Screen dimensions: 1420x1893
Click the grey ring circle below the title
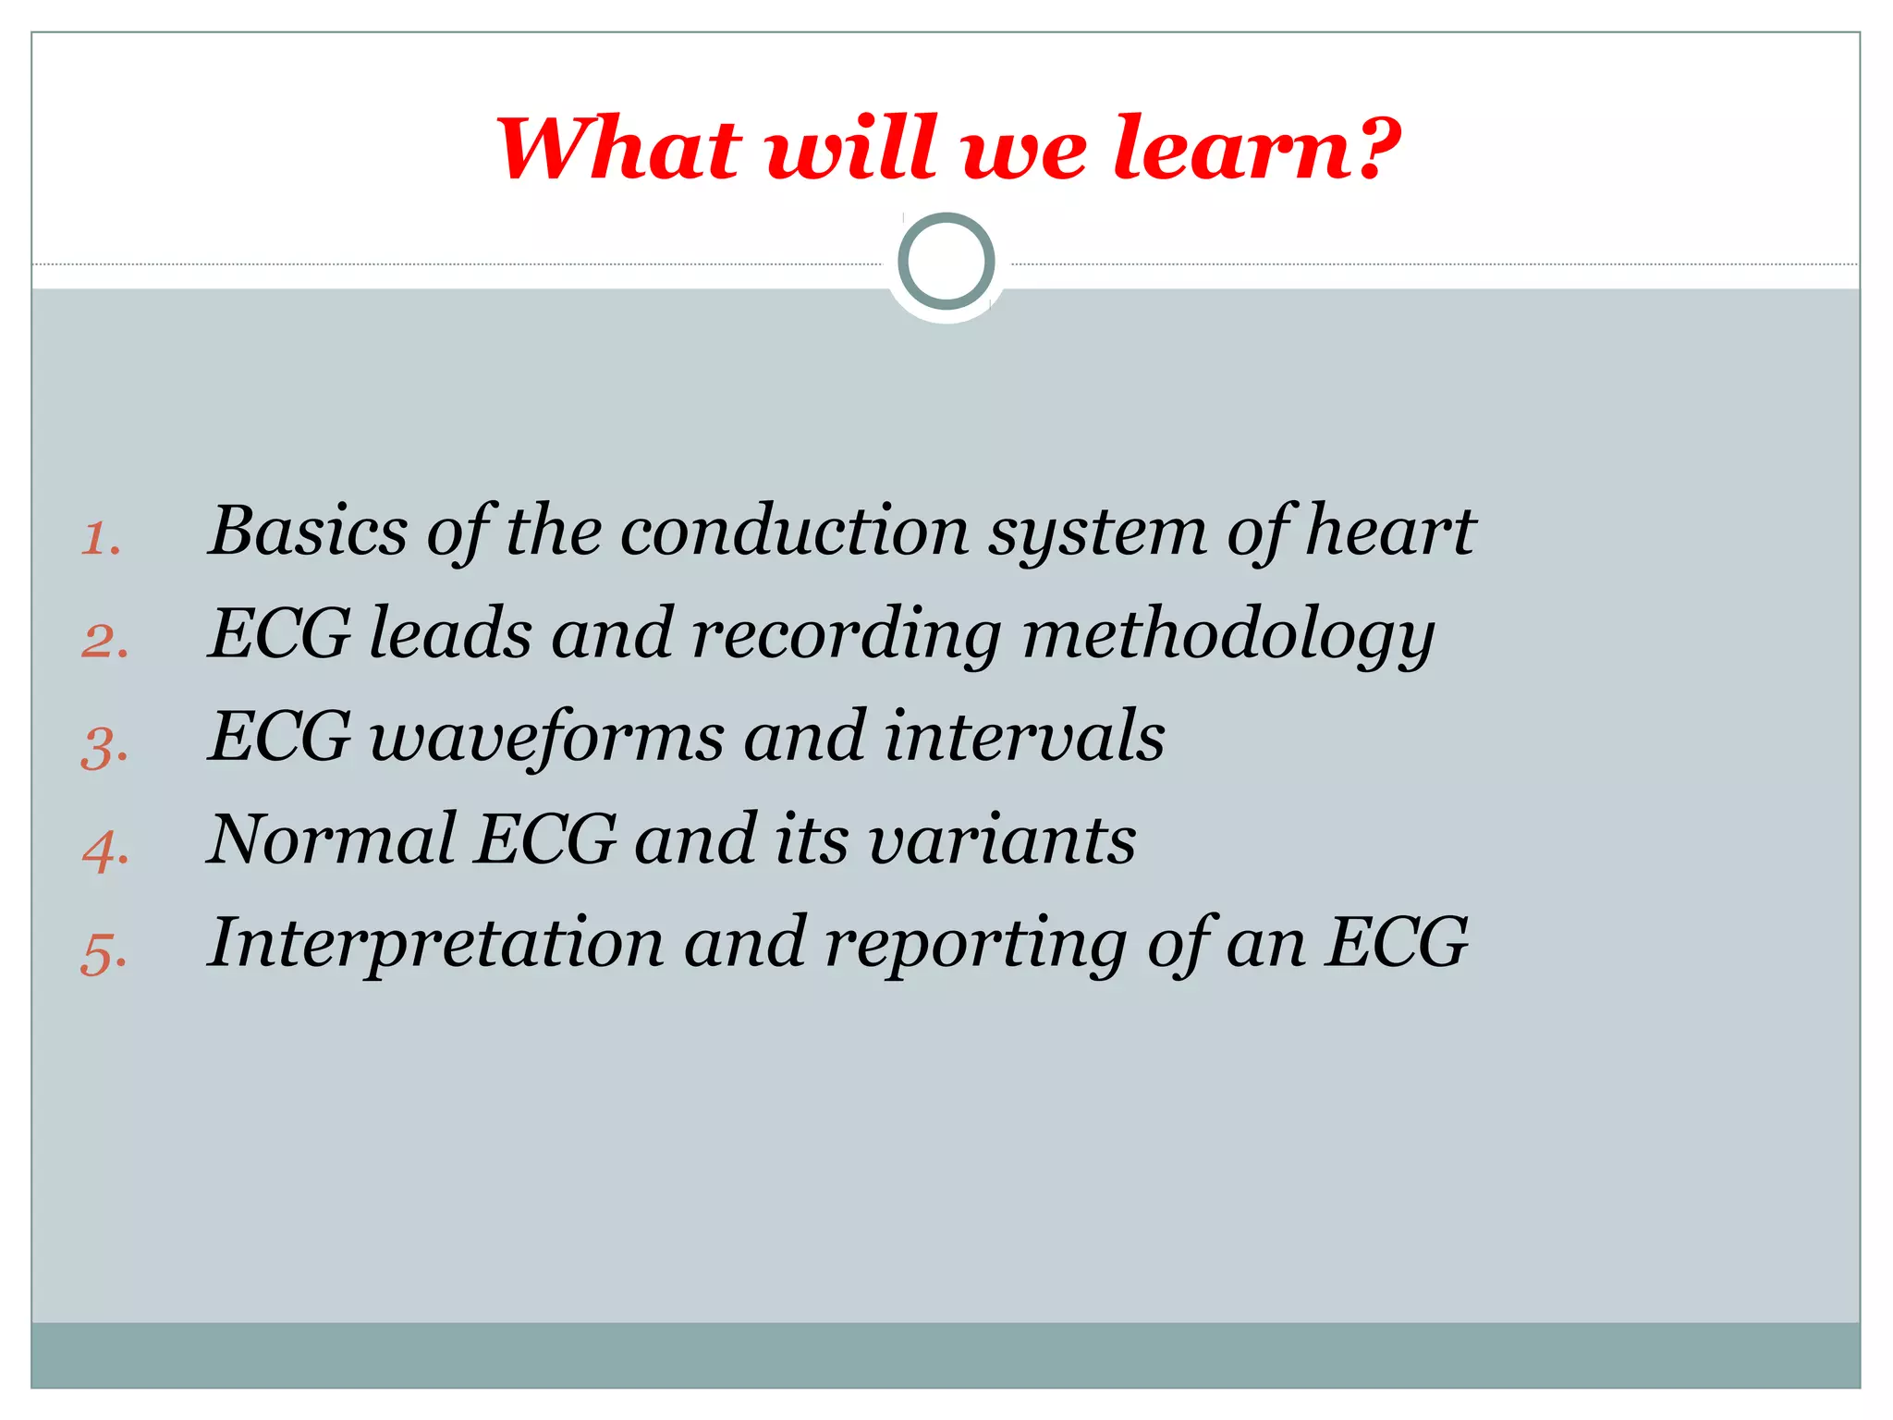(946, 262)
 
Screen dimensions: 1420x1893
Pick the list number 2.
(104, 642)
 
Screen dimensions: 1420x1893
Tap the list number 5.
(104, 953)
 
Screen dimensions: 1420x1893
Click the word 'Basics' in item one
(308, 531)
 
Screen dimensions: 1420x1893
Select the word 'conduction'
(794, 531)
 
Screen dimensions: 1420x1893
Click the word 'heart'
(1390, 531)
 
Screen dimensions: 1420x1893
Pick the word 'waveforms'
(547, 738)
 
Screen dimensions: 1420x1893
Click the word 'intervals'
(1024, 738)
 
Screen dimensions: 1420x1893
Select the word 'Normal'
(332, 840)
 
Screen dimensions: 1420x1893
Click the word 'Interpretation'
(436, 943)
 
